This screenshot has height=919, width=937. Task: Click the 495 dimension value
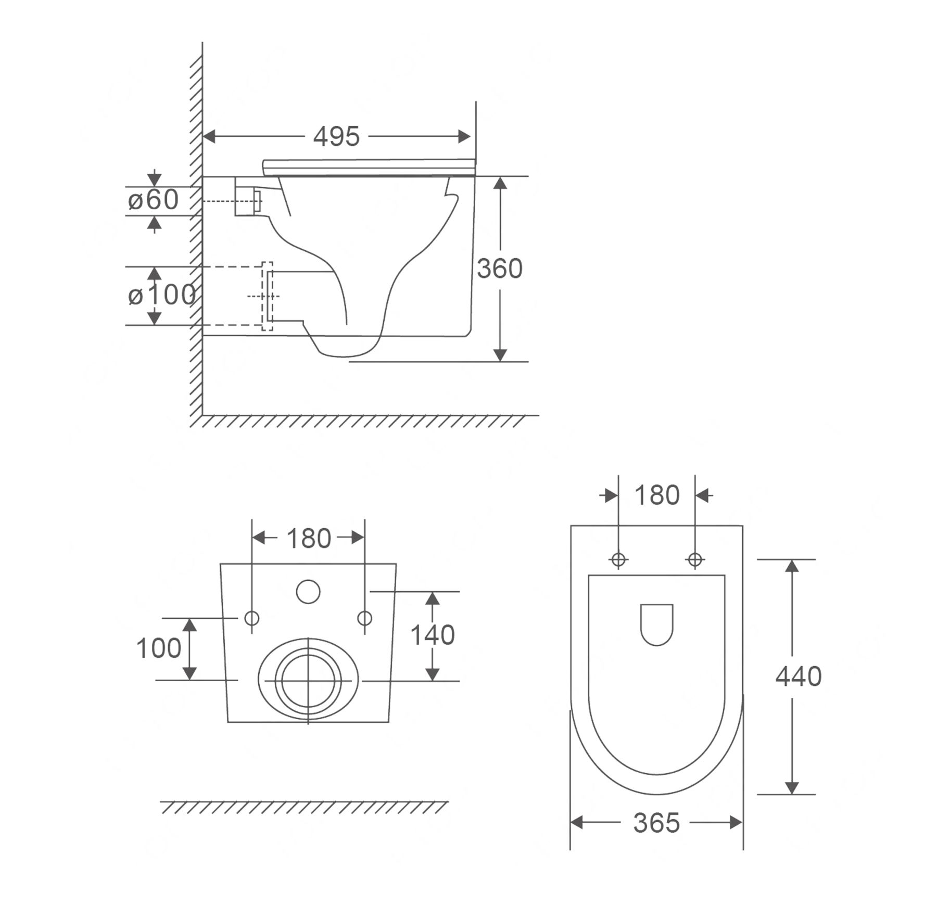[336, 136]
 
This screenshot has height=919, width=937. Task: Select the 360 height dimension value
[500, 269]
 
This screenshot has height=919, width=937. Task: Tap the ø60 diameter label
[153, 200]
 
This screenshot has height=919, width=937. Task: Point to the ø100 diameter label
[162, 295]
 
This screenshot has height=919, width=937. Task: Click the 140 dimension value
[433, 635]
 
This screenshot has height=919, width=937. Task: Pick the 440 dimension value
[799, 677]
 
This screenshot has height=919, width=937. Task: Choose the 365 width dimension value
[656, 823]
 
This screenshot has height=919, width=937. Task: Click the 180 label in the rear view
[309, 539]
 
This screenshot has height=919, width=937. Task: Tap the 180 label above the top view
[657, 495]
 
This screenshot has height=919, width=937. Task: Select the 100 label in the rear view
[159, 648]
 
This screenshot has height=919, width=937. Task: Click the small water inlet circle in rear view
[308, 592]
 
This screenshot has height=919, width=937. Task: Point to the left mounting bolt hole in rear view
[252, 618]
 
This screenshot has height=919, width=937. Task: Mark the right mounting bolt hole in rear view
[364, 618]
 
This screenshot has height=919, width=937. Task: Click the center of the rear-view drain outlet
[308, 681]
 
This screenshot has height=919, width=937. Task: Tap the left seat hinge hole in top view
[618, 560]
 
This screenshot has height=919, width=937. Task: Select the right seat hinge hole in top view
[695, 560]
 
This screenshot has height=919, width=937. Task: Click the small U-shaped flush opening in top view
[657, 624]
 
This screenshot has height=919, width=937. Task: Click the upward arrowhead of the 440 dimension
[792, 566]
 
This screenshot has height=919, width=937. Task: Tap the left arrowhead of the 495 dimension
[209, 136]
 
